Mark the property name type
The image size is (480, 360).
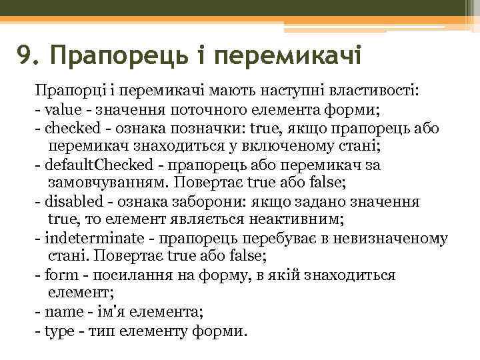pyautogui.click(x=57, y=330)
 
